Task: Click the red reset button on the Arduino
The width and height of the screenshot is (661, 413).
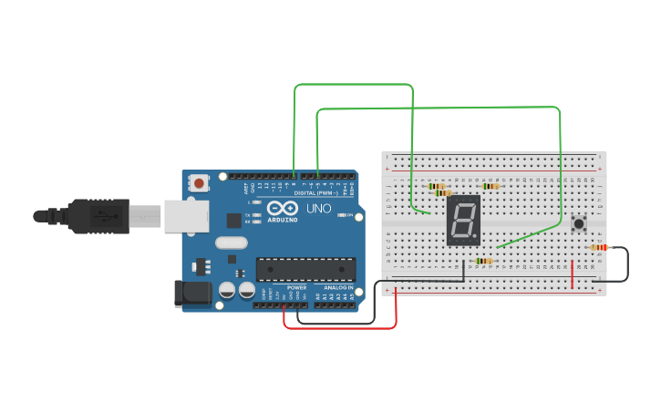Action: point(199,183)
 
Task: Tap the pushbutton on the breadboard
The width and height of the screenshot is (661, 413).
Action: point(578,223)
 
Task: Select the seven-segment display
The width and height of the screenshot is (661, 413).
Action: point(463,220)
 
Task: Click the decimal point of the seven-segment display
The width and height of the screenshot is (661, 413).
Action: point(476,239)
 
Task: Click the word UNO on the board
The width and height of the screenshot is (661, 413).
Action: point(319,209)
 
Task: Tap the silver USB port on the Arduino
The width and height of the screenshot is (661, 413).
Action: point(185,216)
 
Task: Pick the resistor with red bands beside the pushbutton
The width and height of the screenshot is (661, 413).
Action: point(599,247)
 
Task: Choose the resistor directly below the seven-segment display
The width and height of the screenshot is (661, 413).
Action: point(483,261)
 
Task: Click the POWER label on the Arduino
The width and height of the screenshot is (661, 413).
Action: point(296,287)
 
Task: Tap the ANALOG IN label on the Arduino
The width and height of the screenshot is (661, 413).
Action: point(337,287)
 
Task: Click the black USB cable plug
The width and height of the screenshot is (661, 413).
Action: point(100,216)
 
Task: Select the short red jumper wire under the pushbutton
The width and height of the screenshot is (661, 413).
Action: point(573,274)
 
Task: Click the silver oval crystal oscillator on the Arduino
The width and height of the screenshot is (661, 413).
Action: point(232,243)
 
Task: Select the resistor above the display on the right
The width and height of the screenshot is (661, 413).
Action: point(491,186)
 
